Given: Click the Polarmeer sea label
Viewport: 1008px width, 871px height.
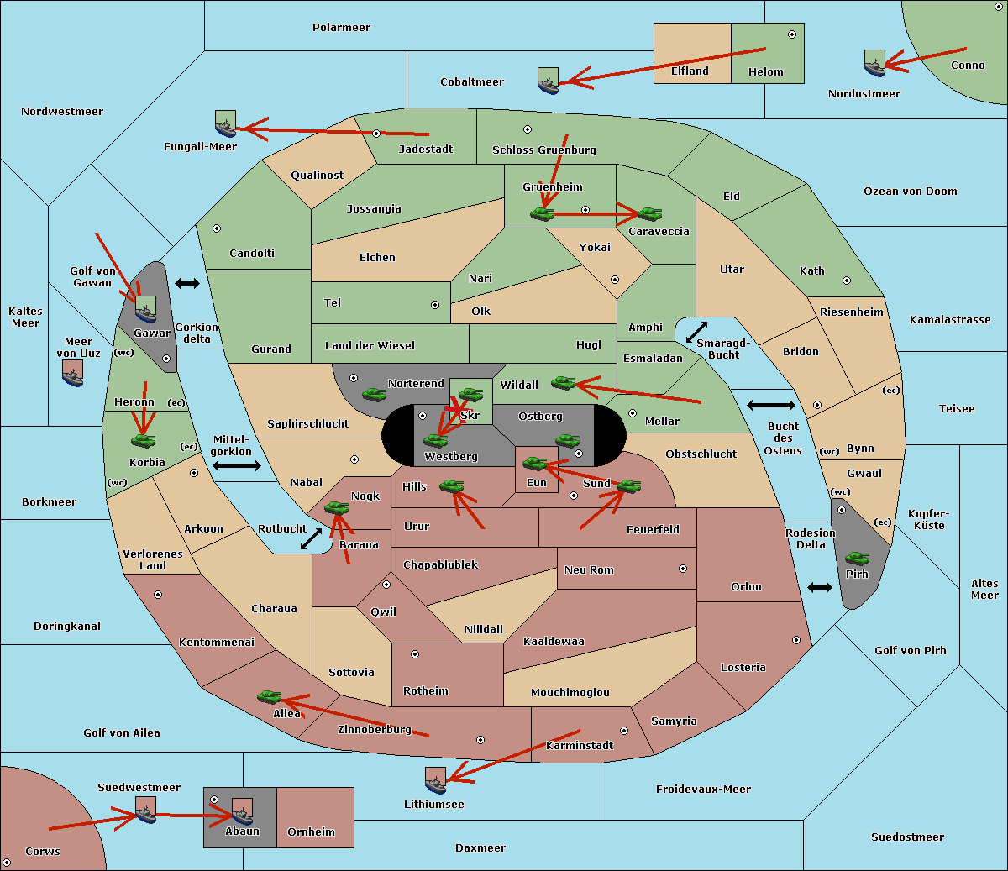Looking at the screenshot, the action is [x=341, y=28].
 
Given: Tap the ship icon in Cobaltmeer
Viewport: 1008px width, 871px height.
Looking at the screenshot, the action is [x=548, y=81].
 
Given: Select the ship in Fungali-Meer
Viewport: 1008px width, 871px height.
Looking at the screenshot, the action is [x=225, y=123].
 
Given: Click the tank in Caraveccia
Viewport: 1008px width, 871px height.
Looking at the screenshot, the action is [x=649, y=213].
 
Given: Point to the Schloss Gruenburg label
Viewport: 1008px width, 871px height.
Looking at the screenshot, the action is [x=544, y=150].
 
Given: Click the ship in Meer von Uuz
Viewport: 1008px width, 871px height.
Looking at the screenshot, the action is [x=73, y=373].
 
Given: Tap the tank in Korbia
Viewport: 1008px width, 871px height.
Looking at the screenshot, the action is [x=143, y=441].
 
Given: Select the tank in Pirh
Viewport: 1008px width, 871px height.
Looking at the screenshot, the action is [x=857, y=558].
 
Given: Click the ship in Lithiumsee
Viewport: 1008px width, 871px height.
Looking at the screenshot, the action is [x=435, y=781].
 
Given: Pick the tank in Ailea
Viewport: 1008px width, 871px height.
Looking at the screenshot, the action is [x=269, y=697].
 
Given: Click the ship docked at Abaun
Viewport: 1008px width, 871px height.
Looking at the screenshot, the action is [x=243, y=812].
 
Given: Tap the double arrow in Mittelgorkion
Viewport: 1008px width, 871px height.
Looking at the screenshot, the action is [x=237, y=465].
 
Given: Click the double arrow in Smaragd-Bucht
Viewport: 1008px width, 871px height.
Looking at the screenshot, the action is [x=696, y=332].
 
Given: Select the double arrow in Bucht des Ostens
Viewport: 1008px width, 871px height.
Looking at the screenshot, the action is [x=771, y=405].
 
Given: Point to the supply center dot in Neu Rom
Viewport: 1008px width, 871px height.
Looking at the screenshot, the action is [x=683, y=569].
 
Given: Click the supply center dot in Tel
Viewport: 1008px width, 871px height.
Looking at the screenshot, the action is [x=435, y=305].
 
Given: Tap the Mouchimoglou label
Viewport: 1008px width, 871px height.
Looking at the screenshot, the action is [x=570, y=692].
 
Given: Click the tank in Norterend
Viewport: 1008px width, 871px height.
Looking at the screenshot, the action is [x=374, y=394].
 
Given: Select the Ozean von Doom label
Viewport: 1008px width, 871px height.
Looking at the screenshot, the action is [x=911, y=192].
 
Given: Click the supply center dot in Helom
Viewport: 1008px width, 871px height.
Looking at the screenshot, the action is [x=792, y=34].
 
